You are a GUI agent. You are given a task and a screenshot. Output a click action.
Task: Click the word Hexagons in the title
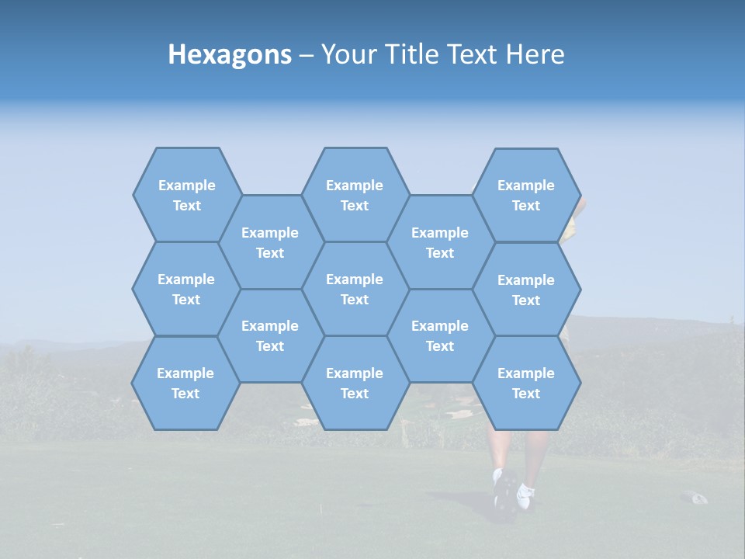(230, 54)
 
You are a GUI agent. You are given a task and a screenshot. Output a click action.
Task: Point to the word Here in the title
(535, 54)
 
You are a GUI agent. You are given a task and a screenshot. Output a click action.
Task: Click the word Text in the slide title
(472, 54)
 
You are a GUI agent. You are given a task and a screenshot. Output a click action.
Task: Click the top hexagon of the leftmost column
(186, 195)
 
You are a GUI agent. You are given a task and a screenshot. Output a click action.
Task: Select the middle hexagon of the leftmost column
(186, 289)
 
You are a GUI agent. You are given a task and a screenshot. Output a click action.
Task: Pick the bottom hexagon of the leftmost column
(185, 383)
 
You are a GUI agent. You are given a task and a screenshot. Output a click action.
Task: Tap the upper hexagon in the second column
(270, 242)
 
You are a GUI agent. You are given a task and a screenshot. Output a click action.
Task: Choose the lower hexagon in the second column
(270, 335)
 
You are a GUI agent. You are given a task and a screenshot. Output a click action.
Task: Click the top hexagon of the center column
(355, 195)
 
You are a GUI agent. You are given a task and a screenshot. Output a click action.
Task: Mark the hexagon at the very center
(355, 289)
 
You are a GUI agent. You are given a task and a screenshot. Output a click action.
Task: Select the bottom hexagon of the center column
(355, 383)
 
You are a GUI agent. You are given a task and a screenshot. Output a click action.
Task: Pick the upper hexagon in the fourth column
(440, 242)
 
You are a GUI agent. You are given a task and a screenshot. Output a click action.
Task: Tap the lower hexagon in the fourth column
(440, 335)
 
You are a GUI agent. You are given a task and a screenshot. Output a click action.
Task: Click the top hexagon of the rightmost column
(526, 195)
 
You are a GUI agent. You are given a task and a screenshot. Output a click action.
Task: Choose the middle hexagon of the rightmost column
(526, 290)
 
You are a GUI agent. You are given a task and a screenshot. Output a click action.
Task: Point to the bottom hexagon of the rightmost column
(526, 383)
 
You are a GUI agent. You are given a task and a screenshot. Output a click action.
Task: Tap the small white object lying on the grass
(695, 497)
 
